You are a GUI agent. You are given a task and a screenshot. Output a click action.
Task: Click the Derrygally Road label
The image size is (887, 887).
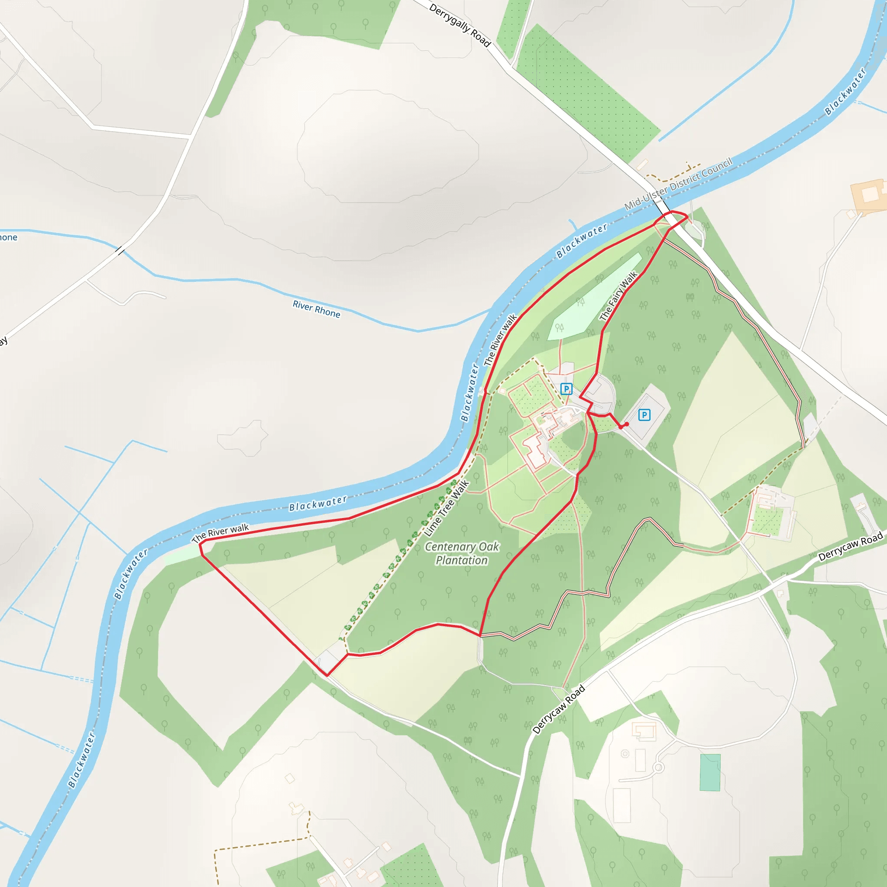(x=460, y=25)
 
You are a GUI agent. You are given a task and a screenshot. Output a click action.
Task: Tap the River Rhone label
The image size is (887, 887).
(x=316, y=309)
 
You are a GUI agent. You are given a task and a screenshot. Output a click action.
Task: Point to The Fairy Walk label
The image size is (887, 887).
(x=618, y=296)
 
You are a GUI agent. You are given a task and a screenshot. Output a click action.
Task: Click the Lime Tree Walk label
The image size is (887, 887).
(x=447, y=508)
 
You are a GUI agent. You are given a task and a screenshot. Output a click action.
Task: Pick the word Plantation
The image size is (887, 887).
(x=462, y=560)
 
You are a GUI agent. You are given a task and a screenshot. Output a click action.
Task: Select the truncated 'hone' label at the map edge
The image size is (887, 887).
(x=8, y=237)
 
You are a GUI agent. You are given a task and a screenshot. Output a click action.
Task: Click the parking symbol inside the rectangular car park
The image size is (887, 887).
(x=644, y=415)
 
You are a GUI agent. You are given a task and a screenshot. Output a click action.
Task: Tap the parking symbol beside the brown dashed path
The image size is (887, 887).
(x=567, y=389)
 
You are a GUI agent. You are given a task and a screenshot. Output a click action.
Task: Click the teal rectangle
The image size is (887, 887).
(x=710, y=773)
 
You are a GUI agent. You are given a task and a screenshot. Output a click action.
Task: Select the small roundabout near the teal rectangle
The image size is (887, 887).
(x=658, y=767)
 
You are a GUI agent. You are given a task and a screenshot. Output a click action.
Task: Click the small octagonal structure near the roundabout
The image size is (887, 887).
(x=625, y=754)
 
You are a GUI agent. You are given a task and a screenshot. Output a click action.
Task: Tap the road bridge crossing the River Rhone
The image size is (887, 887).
(x=120, y=251)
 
